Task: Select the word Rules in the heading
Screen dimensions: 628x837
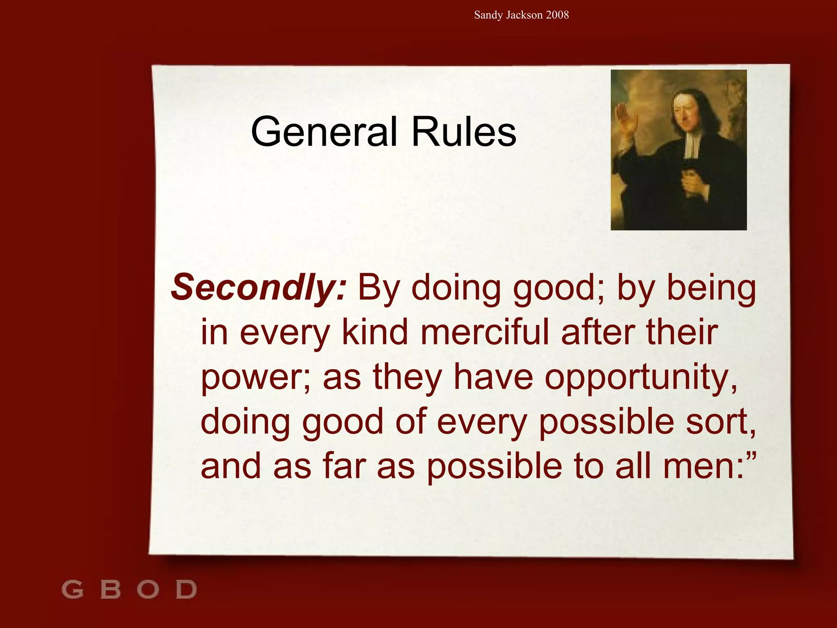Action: [x=463, y=132]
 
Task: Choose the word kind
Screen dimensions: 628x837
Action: [x=375, y=332]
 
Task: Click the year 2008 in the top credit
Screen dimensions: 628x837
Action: [x=557, y=15]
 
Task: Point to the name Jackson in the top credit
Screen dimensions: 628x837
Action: [x=524, y=15]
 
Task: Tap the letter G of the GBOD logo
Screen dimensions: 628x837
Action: [x=73, y=589]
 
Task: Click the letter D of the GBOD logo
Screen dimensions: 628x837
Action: [x=186, y=589]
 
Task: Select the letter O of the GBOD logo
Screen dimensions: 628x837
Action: [x=148, y=589]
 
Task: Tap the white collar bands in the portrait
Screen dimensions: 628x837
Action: [x=691, y=145]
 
